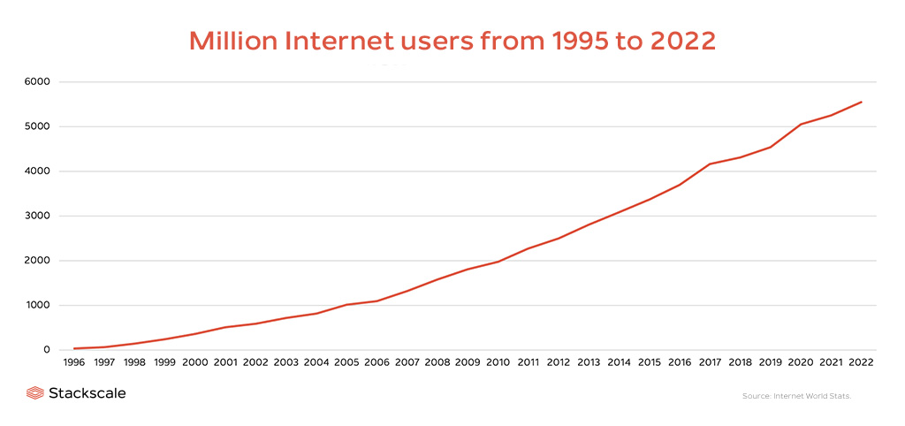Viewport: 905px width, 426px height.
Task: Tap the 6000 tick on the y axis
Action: tap(37, 82)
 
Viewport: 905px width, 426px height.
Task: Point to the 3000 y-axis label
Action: tap(37, 216)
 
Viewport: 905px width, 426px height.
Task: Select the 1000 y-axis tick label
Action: tap(37, 305)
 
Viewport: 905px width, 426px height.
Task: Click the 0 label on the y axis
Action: tap(48, 350)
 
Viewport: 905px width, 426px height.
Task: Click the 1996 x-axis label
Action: tap(75, 363)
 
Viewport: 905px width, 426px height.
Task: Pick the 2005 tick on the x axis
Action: tap(346, 363)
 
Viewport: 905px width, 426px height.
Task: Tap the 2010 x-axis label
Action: tap(498, 363)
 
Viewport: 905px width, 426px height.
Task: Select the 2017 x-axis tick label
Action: tap(710, 363)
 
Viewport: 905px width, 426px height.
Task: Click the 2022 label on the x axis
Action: tap(861, 363)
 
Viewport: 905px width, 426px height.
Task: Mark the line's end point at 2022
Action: tap(861, 102)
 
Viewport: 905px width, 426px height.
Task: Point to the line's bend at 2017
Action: tap(710, 164)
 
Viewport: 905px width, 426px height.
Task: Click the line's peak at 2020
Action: tap(801, 125)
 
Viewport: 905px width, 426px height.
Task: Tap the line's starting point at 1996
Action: tap(75, 348)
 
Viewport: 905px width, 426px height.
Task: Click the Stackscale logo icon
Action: tap(35, 393)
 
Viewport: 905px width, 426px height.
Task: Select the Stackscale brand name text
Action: tap(87, 393)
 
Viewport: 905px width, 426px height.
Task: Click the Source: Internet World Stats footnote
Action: tap(796, 396)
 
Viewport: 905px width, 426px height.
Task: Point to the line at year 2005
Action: tap(346, 305)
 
